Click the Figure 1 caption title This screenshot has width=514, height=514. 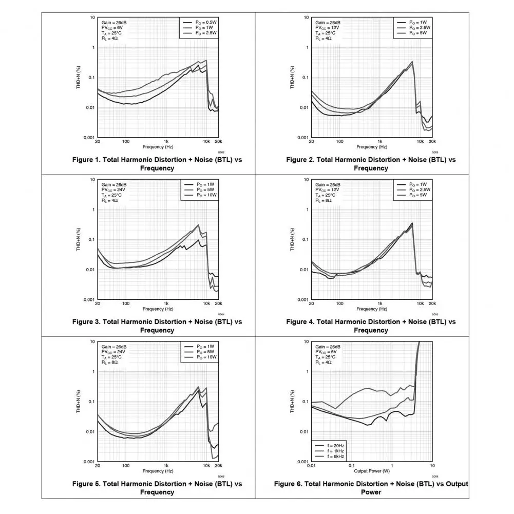pyautogui.click(x=157, y=164)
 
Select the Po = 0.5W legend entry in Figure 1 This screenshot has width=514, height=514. pyautogui.click(x=205, y=23)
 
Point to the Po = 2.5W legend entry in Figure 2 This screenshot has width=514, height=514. pyautogui.click(x=420, y=28)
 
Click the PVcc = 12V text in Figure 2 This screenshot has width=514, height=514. pyautogui.click(x=327, y=28)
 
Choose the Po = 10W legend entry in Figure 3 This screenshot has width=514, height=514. pyautogui.click(x=205, y=195)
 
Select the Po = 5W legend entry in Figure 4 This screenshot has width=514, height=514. pyautogui.click(x=418, y=195)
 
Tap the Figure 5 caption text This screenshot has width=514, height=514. pyautogui.click(x=157, y=488)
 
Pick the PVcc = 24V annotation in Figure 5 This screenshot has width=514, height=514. pyautogui.click(x=113, y=352)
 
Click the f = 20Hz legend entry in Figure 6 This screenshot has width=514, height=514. pyautogui.click(x=332, y=445)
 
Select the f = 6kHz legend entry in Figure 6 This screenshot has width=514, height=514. pyautogui.click(x=332, y=456)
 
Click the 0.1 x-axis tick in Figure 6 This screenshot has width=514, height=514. pyautogui.click(x=351, y=465)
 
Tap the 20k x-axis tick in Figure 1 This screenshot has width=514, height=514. pyautogui.click(x=218, y=141)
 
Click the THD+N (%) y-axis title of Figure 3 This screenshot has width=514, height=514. pyautogui.click(x=79, y=239)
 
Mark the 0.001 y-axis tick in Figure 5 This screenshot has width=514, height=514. pyautogui.click(x=89, y=462)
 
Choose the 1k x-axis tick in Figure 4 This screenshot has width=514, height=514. pyautogui.click(x=379, y=303)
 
